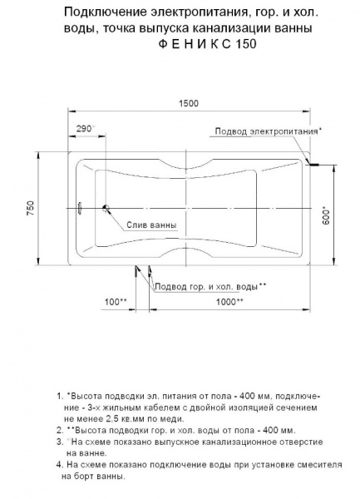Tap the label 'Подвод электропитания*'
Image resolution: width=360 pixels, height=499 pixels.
[269, 132]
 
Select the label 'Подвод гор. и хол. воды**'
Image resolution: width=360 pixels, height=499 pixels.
[210, 285]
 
